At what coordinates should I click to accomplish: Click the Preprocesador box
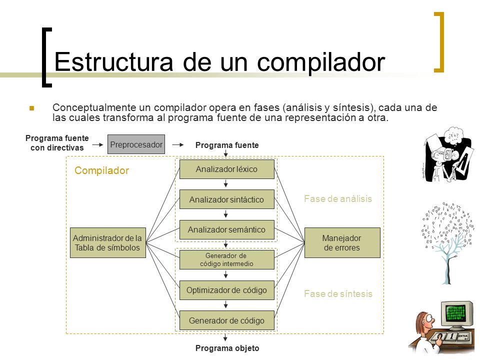point(136,144)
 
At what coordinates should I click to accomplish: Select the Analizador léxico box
point(226,169)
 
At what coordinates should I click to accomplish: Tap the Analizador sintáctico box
point(226,199)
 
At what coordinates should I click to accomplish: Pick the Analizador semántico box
point(226,229)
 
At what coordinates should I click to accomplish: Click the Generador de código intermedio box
point(226,259)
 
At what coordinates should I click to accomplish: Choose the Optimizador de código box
point(226,290)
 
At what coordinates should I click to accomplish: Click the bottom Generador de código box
point(226,320)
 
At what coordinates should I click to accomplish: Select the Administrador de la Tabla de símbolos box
point(107,242)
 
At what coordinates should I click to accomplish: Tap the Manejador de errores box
point(342,242)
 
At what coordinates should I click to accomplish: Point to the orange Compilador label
point(101,171)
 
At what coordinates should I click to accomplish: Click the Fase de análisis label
point(338,198)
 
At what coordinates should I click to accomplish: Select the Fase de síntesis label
point(338,293)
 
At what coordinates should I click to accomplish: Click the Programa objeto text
point(227,348)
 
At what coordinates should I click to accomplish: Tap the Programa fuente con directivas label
point(57,143)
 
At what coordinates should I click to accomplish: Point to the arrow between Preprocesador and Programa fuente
point(179,144)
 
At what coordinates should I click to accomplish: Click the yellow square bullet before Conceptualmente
point(32,108)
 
